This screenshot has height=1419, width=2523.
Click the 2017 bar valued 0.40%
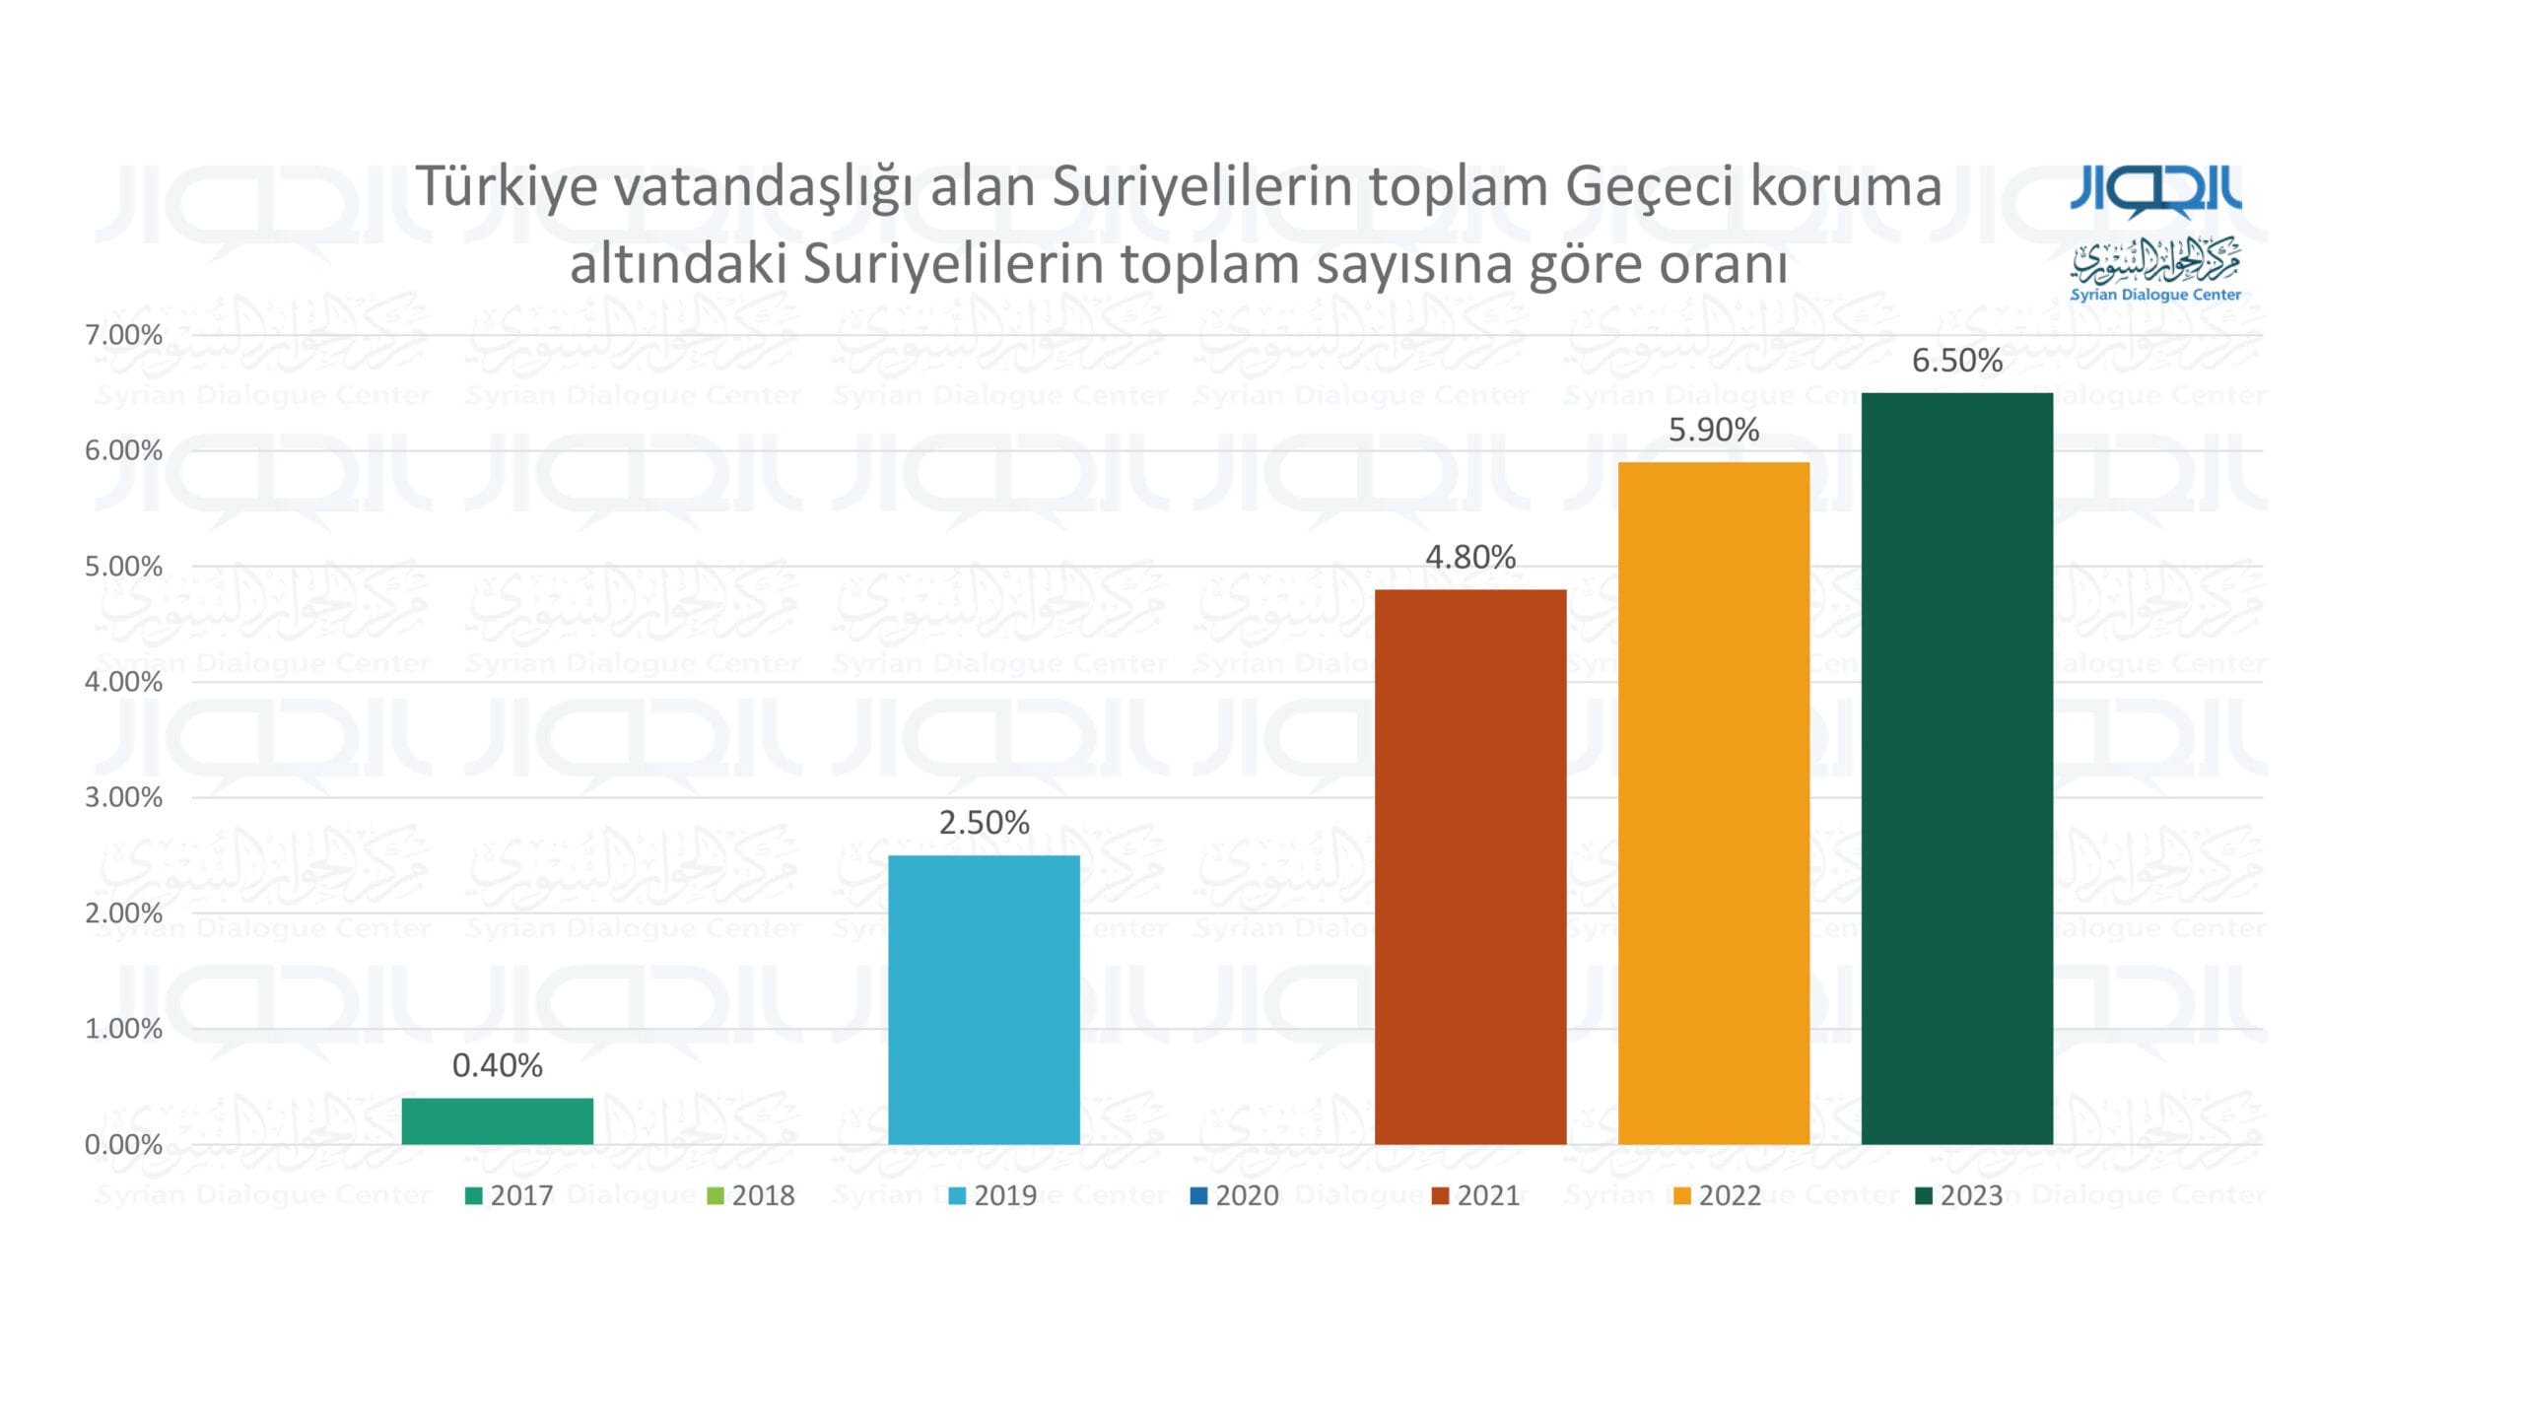(x=498, y=1121)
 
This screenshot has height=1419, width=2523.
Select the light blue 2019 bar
(x=984, y=1000)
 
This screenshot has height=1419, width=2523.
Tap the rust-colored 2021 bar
(x=1470, y=867)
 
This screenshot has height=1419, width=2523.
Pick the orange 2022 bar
(x=1714, y=803)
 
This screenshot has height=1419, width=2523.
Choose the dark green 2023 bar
(x=1957, y=769)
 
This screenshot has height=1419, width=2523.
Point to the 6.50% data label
(x=1957, y=361)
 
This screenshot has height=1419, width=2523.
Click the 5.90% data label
(x=1714, y=430)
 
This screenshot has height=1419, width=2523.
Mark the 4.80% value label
(x=1470, y=557)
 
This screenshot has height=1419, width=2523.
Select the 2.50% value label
(x=984, y=822)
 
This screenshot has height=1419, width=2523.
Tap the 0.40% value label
(x=498, y=1065)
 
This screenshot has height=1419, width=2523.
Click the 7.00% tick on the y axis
(x=123, y=335)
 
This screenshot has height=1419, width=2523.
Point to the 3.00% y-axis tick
(x=123, y=797)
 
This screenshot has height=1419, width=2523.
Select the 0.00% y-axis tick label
(x=123, y=1145)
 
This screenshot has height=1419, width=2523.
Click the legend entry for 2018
(x=751, y=1195)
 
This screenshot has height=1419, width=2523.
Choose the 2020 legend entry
(x=1235, y=1195)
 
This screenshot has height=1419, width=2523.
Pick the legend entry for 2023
(x=1959, y=1195)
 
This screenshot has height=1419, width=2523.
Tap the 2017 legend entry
(x=510, y=1195)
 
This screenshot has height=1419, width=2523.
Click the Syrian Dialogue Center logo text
(x=2155, y=295)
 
